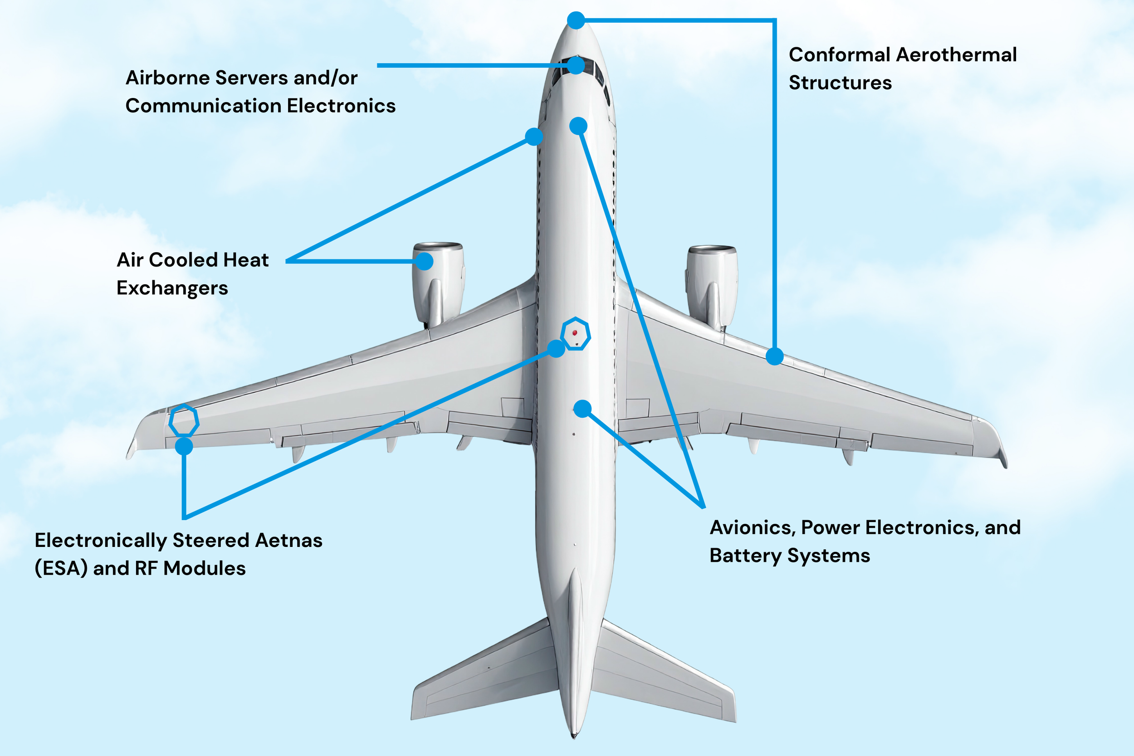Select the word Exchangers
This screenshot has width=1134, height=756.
click(172, 288)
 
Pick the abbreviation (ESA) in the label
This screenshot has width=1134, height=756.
click(61, 568)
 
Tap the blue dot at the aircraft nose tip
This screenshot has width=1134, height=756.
click(576, 20)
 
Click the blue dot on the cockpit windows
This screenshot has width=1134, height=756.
click(576, 65)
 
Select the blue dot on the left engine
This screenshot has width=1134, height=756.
click(424, 261)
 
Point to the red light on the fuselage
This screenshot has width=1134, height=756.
click(575, 333)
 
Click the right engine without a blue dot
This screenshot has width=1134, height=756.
click(712, 284)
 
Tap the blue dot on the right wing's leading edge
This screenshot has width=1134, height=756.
click(774, 356)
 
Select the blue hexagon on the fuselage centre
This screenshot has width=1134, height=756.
click(575, 334)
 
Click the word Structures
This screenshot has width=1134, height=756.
click(840, 83)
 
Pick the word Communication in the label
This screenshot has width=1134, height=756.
click(202, 106)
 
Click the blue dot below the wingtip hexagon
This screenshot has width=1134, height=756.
click(184, 446)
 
